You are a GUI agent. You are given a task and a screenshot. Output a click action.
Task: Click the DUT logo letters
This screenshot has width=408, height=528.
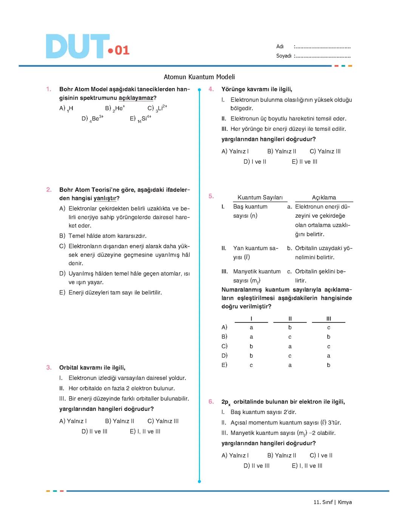pos(77,46)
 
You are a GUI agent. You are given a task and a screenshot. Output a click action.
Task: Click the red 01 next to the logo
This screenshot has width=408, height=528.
pos(122,50)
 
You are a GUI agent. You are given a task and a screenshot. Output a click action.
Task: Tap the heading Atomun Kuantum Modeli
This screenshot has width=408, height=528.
pos(199,77)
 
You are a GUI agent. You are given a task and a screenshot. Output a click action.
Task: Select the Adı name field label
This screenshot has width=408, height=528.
pos(280,46)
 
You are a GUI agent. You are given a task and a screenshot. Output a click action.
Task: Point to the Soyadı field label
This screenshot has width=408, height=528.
pos(284,56)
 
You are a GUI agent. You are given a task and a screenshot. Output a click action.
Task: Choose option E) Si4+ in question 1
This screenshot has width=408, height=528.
pos(141,119)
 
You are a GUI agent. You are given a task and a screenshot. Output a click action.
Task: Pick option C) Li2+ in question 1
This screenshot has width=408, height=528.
pos(157,108)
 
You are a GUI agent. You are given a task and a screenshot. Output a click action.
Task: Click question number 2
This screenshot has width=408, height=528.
pos(49,190)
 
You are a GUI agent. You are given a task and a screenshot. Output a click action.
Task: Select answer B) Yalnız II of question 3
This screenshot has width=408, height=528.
pos(119,421)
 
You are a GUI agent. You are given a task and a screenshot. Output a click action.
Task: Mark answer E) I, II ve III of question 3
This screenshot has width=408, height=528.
pos(145,431)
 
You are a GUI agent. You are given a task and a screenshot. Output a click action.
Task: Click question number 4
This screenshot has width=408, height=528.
pos(211,89)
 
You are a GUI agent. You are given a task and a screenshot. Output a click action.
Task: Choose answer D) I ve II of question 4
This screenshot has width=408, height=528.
pos(255,162)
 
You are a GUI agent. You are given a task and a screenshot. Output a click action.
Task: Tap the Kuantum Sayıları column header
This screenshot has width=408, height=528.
pos(260,198)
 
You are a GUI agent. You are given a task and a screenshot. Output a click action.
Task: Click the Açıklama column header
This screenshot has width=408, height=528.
pos(324,198)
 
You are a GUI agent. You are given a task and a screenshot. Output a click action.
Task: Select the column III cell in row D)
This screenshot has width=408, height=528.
pos(328,356)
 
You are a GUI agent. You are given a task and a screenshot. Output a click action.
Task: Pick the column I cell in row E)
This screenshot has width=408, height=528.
pos(251,365)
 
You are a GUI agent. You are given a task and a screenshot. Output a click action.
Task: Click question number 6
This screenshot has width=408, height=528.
pos(211,402)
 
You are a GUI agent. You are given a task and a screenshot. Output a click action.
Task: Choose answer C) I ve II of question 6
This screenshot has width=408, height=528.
pos(321,455)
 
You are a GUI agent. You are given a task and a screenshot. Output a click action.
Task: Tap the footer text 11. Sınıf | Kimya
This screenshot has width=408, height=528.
pos(332,502)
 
